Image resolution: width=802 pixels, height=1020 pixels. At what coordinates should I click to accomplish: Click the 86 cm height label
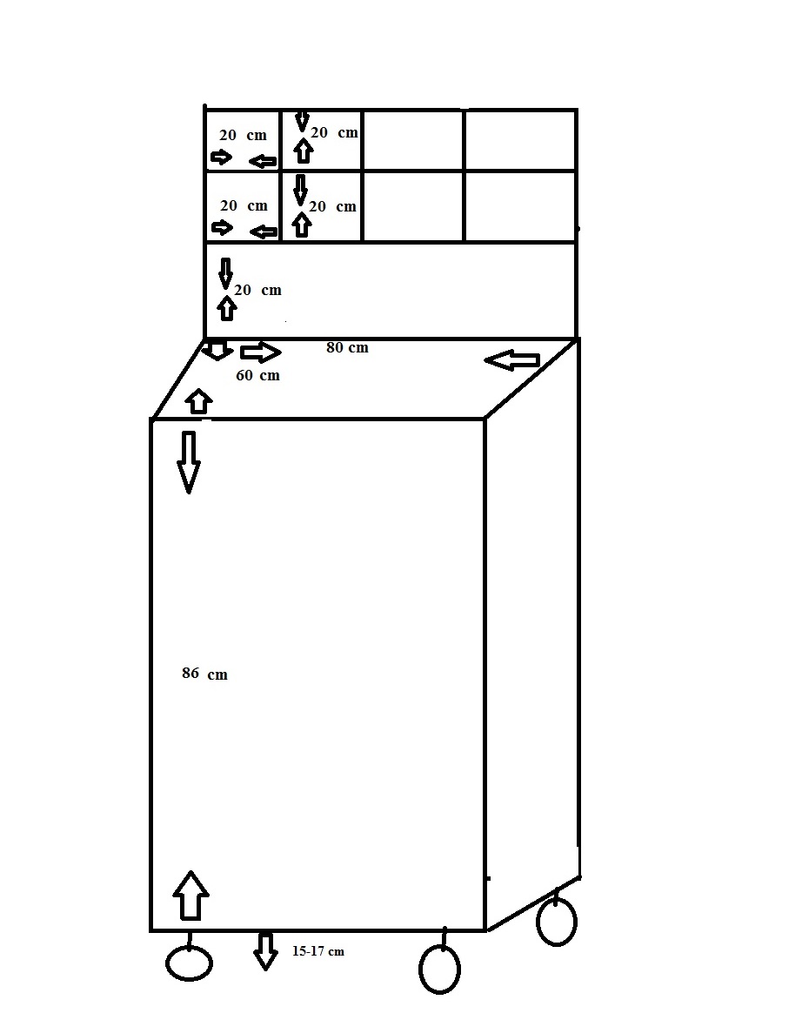pyautogui.click(x=204, y=674)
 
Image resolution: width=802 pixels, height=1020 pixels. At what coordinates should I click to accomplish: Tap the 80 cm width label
pyautogui.click(x=347, y=347)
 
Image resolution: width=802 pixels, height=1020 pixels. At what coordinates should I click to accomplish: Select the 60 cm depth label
pyautogui.click(x=257, y=375)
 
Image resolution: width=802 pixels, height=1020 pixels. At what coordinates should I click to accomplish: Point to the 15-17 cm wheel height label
pyautogui.click(x=317, y=951)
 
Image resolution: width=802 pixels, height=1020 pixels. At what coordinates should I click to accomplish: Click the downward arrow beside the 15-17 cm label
pyautogui.click(x=264, y=951)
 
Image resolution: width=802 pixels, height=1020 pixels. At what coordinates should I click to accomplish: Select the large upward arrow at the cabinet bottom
pyautogui.click(x=190, y=896)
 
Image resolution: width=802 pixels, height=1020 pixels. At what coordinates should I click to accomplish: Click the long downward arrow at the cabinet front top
pyautogui.click(x=189, y=462)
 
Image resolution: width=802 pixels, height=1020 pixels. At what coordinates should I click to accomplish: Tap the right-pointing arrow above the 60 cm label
pyautogui.click(x=261, y=352)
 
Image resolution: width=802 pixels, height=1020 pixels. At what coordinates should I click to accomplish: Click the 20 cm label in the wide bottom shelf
pyautogui.click(x=257, y=290)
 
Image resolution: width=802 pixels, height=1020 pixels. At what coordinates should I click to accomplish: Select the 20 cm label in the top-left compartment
pyautogui.click(x=243, y=135)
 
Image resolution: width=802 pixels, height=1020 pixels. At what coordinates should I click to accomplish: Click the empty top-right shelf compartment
pyautogui.click(x=520, y=140)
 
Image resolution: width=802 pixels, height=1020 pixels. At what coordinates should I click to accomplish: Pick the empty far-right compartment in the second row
pyautogui.click(x=520, y=207)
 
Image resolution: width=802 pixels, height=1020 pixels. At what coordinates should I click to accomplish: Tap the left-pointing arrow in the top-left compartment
pyautogui.click(x=263, y=161)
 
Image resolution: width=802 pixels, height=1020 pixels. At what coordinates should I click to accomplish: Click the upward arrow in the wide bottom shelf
pyautogui.click(x=226, y=308)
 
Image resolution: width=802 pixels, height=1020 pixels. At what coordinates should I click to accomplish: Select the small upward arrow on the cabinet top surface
pyautogui.click(x=199, y=401)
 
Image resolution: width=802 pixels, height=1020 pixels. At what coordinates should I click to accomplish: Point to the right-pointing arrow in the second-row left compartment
pyautogui.click(x=223, y=228)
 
